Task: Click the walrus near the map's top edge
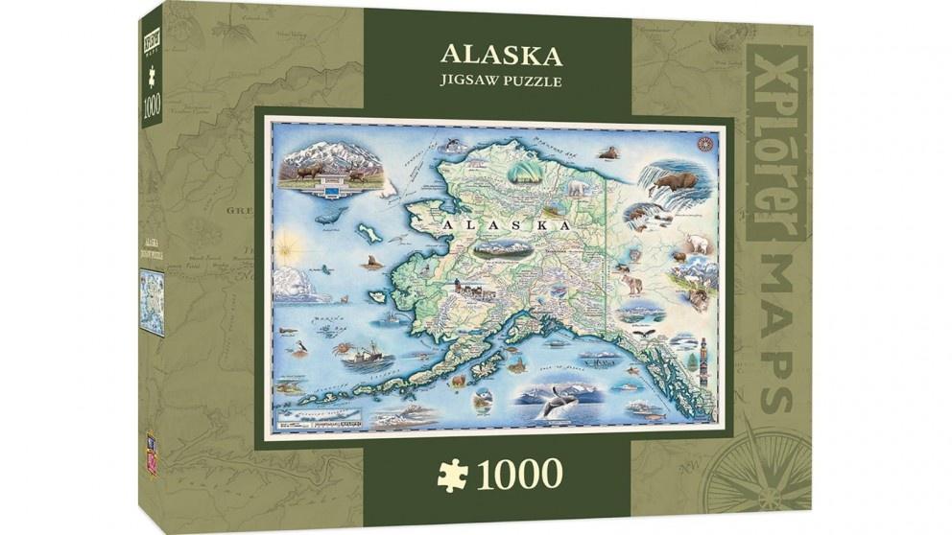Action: pos(607,151)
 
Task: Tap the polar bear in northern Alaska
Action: pos(576,189)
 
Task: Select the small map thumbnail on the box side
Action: pos(152,302)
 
